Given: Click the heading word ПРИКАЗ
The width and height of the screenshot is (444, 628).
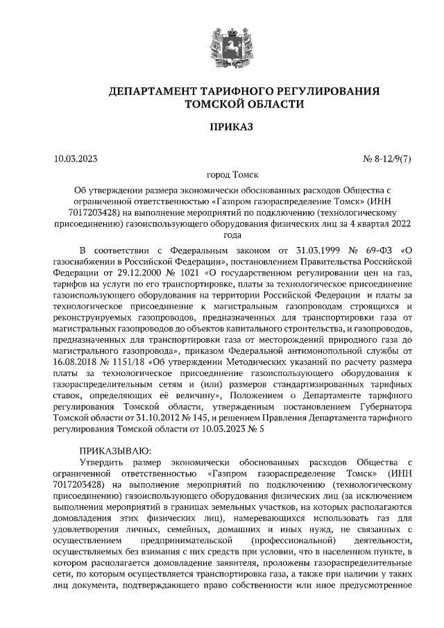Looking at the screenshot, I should pyautogui.click(x=222, y=126).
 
